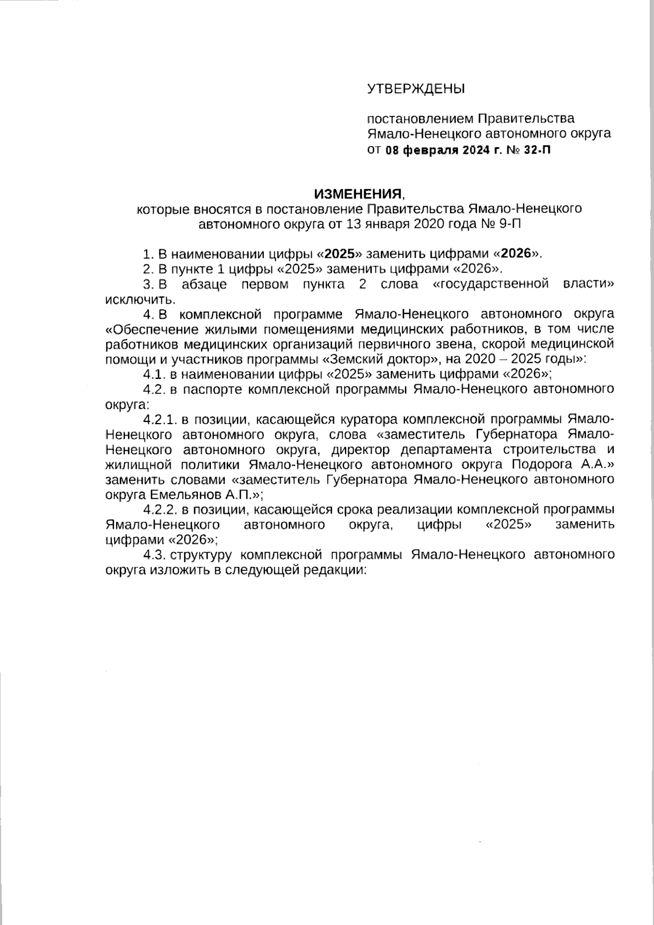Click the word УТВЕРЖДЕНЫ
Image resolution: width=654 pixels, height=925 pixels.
tap(416, 89)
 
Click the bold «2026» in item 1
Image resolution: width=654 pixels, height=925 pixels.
tap(516, 253)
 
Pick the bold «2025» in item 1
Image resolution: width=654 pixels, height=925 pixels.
tap(340, 253)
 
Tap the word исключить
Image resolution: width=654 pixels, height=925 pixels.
tap(141, 299)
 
